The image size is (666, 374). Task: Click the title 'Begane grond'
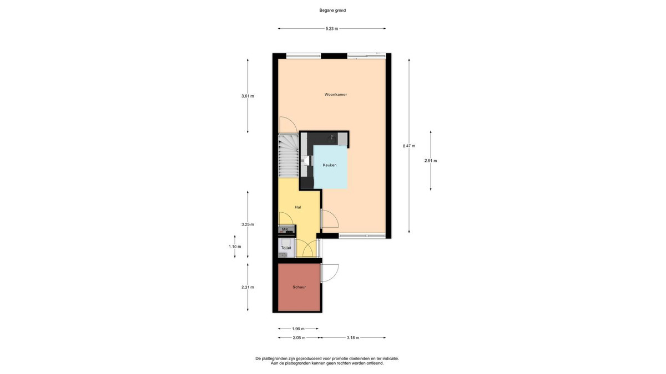[x=332, y=11]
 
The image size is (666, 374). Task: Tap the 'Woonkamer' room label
[x=335, y=95]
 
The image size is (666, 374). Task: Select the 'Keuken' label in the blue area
[x=330, y=165]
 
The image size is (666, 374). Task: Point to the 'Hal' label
[x=298, y=207]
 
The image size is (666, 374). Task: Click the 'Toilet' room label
[x=286, y=248]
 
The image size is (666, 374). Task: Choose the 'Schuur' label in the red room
[x=299, y=287]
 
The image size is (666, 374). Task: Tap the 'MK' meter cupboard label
[x=285, y=229]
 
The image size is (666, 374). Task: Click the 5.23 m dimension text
[x=332, y=29]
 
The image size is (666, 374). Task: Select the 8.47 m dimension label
[x=409, y=146]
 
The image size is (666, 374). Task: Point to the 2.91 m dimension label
[x=431, y=161]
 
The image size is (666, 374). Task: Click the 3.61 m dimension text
[x=248, y=96]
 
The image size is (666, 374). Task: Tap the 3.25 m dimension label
[x=248, y=225]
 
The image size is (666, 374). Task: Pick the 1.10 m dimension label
[x=235, y=247]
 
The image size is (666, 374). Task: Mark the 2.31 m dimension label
[x=248, y=288]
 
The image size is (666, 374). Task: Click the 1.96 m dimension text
[x=298, y=329]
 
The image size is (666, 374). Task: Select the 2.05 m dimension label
[x=299, y=338]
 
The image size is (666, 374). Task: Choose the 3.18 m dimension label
[x=353, y=338]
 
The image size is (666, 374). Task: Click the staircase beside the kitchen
[x=289, y=156]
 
